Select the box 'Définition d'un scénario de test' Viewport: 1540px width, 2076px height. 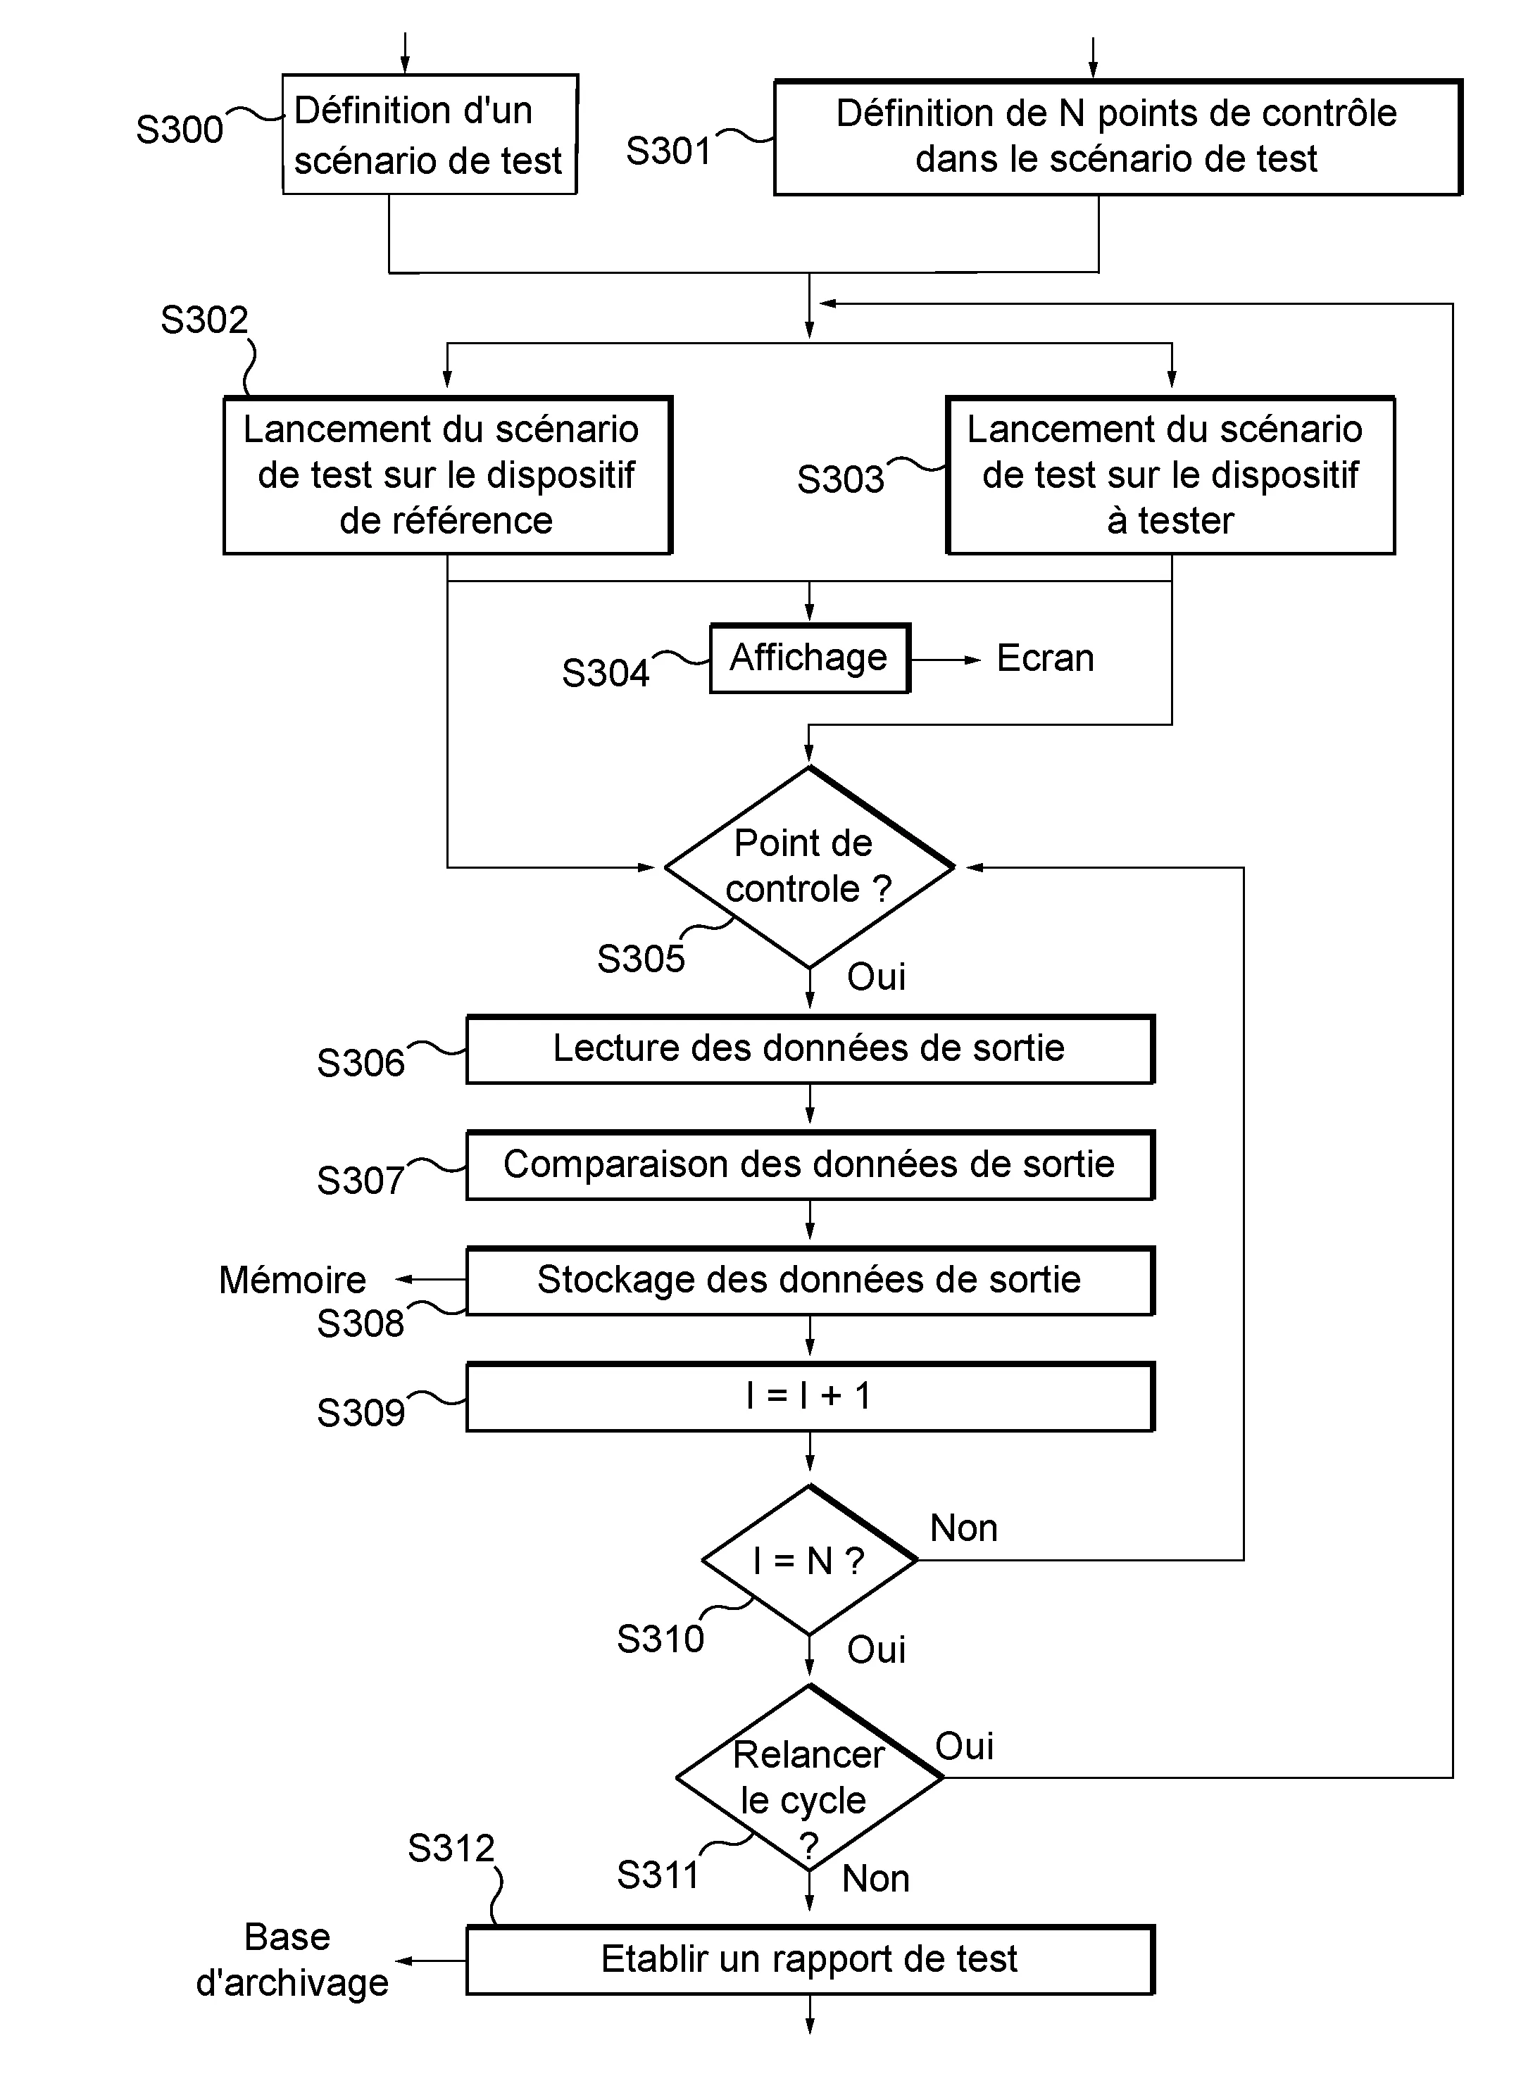(429, 135)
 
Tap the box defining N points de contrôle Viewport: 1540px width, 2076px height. (1116, 137)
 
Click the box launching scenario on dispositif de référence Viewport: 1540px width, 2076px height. (446, 475)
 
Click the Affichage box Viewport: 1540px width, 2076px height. (808, 658)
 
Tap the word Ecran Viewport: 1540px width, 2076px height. (1044, 658)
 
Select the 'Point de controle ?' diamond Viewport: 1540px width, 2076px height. (808, 867)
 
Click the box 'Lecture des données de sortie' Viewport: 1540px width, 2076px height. (808, 1048)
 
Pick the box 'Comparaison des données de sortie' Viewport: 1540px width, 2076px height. (808, 1165)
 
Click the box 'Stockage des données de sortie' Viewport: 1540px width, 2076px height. (808, 1281)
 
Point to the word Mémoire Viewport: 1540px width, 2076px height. (292, 1281)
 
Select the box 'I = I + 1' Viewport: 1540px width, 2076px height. (808, 1396)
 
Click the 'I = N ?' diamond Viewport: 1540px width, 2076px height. (808, 1560)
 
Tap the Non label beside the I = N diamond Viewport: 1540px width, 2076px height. (963, 1528)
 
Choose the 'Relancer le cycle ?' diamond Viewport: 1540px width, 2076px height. (808, 1778)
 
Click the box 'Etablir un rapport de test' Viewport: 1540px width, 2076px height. (808, 1958)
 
